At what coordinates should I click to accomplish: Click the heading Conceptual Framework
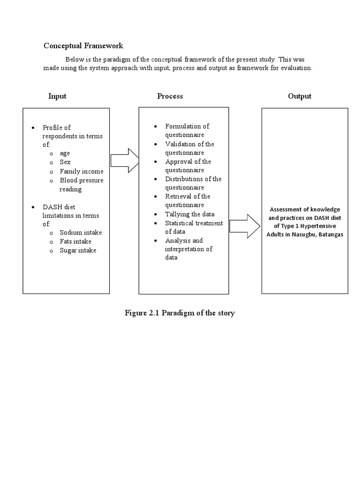[x=83, y=45]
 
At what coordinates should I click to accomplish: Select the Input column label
[x=57, y=96]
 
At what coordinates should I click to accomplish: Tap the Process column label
[x=170, y=96]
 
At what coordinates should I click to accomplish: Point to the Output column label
[x=300, y=96]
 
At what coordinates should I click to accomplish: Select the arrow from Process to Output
[x=245, y=226]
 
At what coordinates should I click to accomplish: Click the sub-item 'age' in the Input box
[x=65, y=154]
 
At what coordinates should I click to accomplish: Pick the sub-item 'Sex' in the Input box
[x=65, y=163]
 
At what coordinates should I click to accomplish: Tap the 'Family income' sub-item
[x=82, y=172]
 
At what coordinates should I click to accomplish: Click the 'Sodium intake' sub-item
[x=81, y=232]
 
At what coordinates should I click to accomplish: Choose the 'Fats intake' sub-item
[x=75, y=241]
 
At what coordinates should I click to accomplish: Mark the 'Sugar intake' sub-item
[x=78, y=250]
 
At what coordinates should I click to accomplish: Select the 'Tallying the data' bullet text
[x=190, y=214]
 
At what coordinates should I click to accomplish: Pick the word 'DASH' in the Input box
[x=52, y=207]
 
